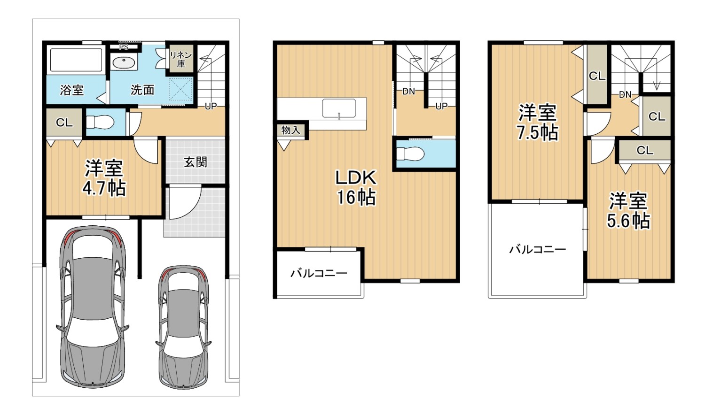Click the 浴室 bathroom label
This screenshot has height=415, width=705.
click(x=72, y=90)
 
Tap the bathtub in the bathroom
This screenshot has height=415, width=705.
click(x=76, y=60)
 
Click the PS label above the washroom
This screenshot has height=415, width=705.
click(x=124, y=47)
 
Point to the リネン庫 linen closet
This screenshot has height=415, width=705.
click(x=180, y=59)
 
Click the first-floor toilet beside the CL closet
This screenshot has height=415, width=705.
click(x=100, y=122)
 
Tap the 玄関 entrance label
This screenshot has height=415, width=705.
click(x=196, y=162)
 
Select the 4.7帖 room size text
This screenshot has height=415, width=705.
click(x=104, y=188)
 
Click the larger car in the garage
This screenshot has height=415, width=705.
click(x=93, y=306)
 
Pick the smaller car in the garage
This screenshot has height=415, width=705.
click(x=183, y=327)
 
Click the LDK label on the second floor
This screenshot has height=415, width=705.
click(x=356, y=177)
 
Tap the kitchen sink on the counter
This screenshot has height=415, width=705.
click(x=339, y=108)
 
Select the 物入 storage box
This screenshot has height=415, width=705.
click(x=291, y=130)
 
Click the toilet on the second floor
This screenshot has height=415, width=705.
click(x=410, y=154)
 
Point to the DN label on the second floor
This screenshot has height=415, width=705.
click(x=408, y=92)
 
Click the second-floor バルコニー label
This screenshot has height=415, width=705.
click(x=319, y=273)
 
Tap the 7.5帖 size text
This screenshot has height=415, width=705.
click(x=538, y=133)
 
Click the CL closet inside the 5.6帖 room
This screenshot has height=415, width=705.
click(x=645, y=150)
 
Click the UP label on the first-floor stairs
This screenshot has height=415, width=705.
click(x=211, y=106)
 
